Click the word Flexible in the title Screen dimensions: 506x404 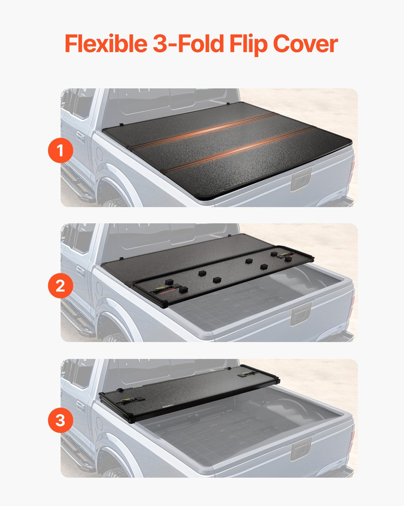click(x=105, y=44)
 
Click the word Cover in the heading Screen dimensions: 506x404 click(x=305, y=44)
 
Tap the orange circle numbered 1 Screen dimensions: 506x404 click(x=60, y=150)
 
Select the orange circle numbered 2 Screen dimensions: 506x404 click(x=60, y=286)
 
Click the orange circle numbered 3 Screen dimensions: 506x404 click(x=60, y=421)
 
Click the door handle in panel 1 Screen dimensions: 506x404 click(x=80, y=137)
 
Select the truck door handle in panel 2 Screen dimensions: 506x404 click(x=80, y=272)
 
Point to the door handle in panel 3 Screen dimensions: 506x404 click(x=80, y=406)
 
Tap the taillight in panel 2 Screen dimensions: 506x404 click(x=352, y=305)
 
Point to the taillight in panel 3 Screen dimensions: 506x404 click(x=352, y=440)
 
